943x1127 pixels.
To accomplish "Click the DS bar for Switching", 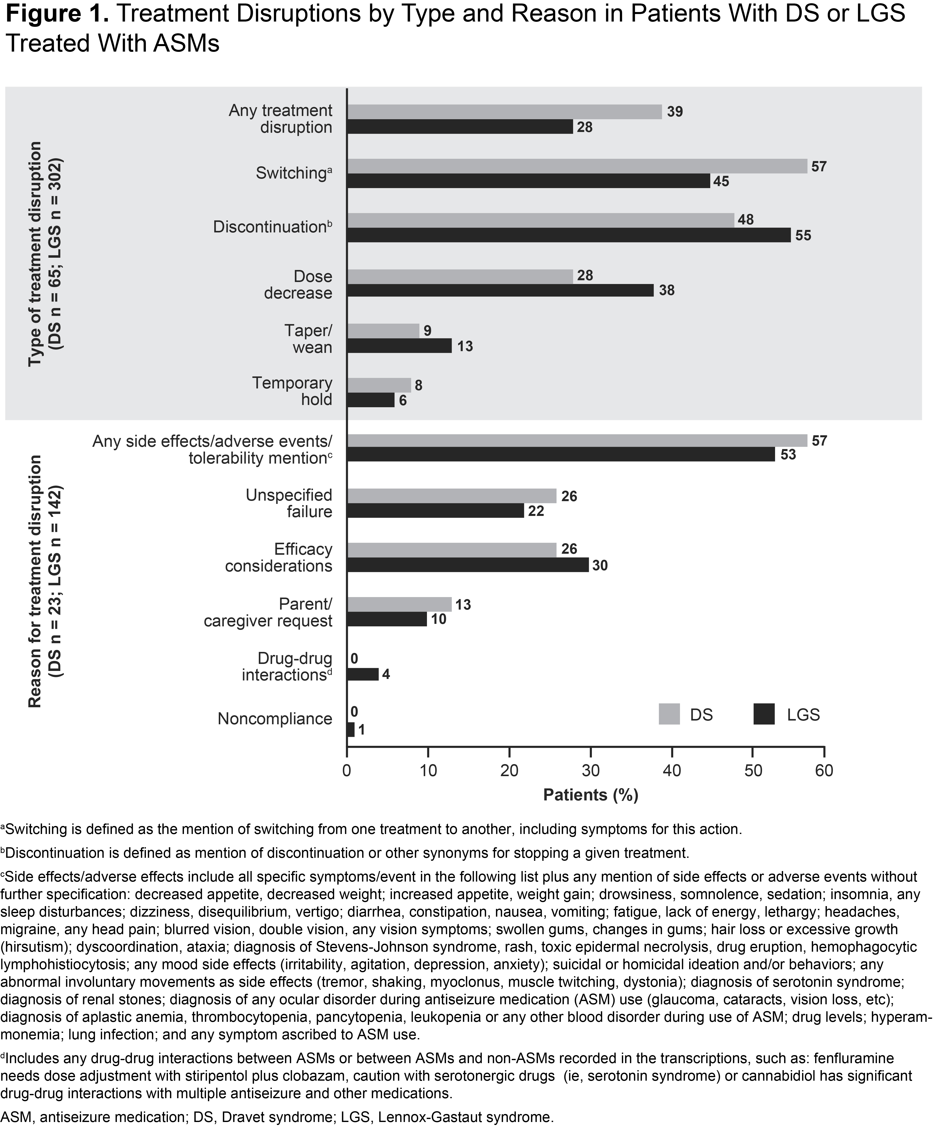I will point(577,166).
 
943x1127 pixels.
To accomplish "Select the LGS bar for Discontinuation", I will point(569,235).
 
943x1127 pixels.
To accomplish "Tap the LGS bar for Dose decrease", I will point(500,290).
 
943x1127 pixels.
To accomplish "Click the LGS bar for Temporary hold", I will point(371,400).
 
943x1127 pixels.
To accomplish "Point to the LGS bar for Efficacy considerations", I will point(468,565).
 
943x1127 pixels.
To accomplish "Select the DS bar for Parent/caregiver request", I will point(399,604).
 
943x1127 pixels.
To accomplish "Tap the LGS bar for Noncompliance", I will point(351,730).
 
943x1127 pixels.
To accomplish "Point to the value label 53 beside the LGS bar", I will point(788,455).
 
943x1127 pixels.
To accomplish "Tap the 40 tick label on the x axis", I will point(671,771).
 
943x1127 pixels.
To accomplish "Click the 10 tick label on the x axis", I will point(428,771).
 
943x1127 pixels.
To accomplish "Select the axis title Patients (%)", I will point(591,795).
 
